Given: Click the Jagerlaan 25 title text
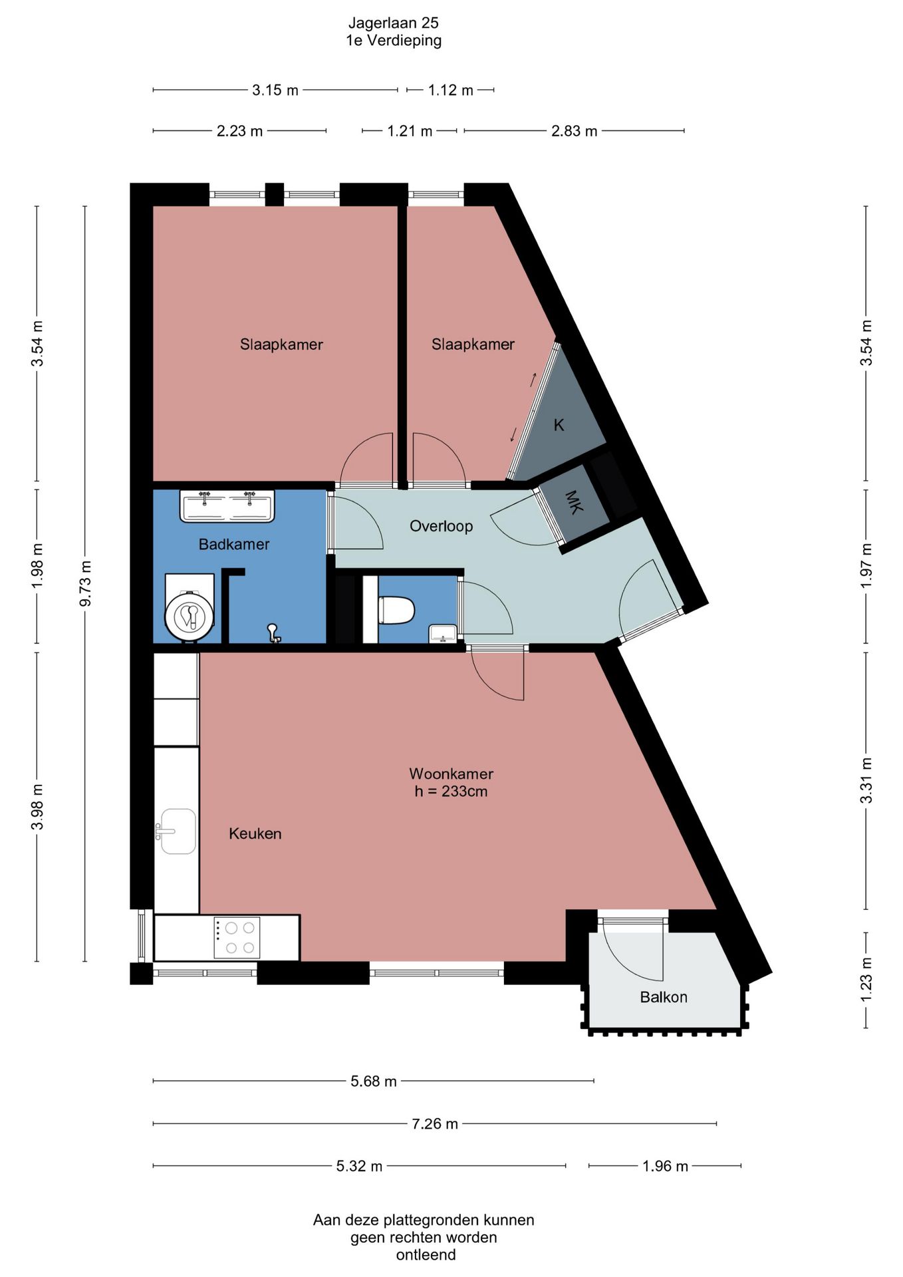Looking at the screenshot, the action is coord(393,23).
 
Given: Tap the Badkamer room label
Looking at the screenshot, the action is coord(234,544).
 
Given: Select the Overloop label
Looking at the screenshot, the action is coord(441,526).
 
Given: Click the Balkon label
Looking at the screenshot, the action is coord(664,997).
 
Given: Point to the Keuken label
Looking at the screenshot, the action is coord(255,833).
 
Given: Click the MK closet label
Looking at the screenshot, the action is coord(574,502).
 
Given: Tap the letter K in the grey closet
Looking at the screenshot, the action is coord(559,425).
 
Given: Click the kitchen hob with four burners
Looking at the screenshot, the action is coord(237,938).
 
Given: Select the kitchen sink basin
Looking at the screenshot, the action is coord(177,831).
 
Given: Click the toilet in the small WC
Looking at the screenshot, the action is coord(396,611).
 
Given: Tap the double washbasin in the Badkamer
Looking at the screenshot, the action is coord(227,506).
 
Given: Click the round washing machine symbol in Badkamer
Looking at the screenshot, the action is coord(190,617).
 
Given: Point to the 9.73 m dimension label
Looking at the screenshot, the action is coord(85,583).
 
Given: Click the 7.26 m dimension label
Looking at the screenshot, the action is coord(435,1123).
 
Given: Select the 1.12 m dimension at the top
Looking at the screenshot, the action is coord(450,90).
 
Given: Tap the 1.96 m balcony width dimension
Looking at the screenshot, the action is coord(665,1166).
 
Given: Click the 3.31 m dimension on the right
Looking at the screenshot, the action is coord(866,780).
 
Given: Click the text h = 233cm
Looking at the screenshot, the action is coord(451,791).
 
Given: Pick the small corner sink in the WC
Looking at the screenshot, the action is coord(442,634).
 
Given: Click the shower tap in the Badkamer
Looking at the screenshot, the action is coord(273,633).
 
